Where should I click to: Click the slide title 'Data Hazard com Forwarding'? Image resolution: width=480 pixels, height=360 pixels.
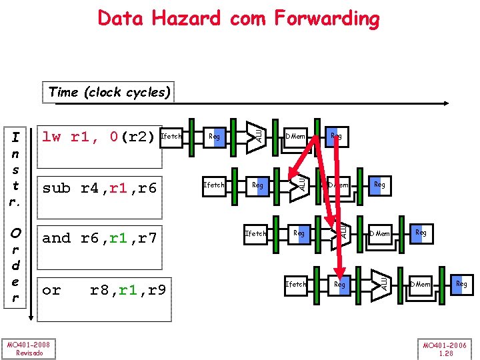click(x=238, y=18)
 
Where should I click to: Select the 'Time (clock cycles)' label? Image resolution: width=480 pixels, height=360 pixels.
click(x=109, y=92)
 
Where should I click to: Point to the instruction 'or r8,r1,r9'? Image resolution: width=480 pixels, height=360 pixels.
click(x=104, y=290)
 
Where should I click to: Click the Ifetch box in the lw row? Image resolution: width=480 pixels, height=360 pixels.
click(x=172, y=137)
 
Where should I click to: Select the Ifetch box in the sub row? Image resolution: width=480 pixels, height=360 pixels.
click(x=213, y=185)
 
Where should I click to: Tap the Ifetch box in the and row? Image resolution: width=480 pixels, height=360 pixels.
click(x=255, y=233)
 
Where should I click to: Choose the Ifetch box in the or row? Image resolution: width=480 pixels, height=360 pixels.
click(x=295, y=284)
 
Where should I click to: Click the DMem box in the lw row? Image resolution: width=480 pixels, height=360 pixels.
click(x=295, y=137)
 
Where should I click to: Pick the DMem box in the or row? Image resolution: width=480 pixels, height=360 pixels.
click(x=420, y=284)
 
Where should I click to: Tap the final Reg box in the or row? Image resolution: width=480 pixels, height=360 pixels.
click(x=461, y=284)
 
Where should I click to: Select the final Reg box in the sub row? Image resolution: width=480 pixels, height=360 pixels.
click(x=379, y=185)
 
